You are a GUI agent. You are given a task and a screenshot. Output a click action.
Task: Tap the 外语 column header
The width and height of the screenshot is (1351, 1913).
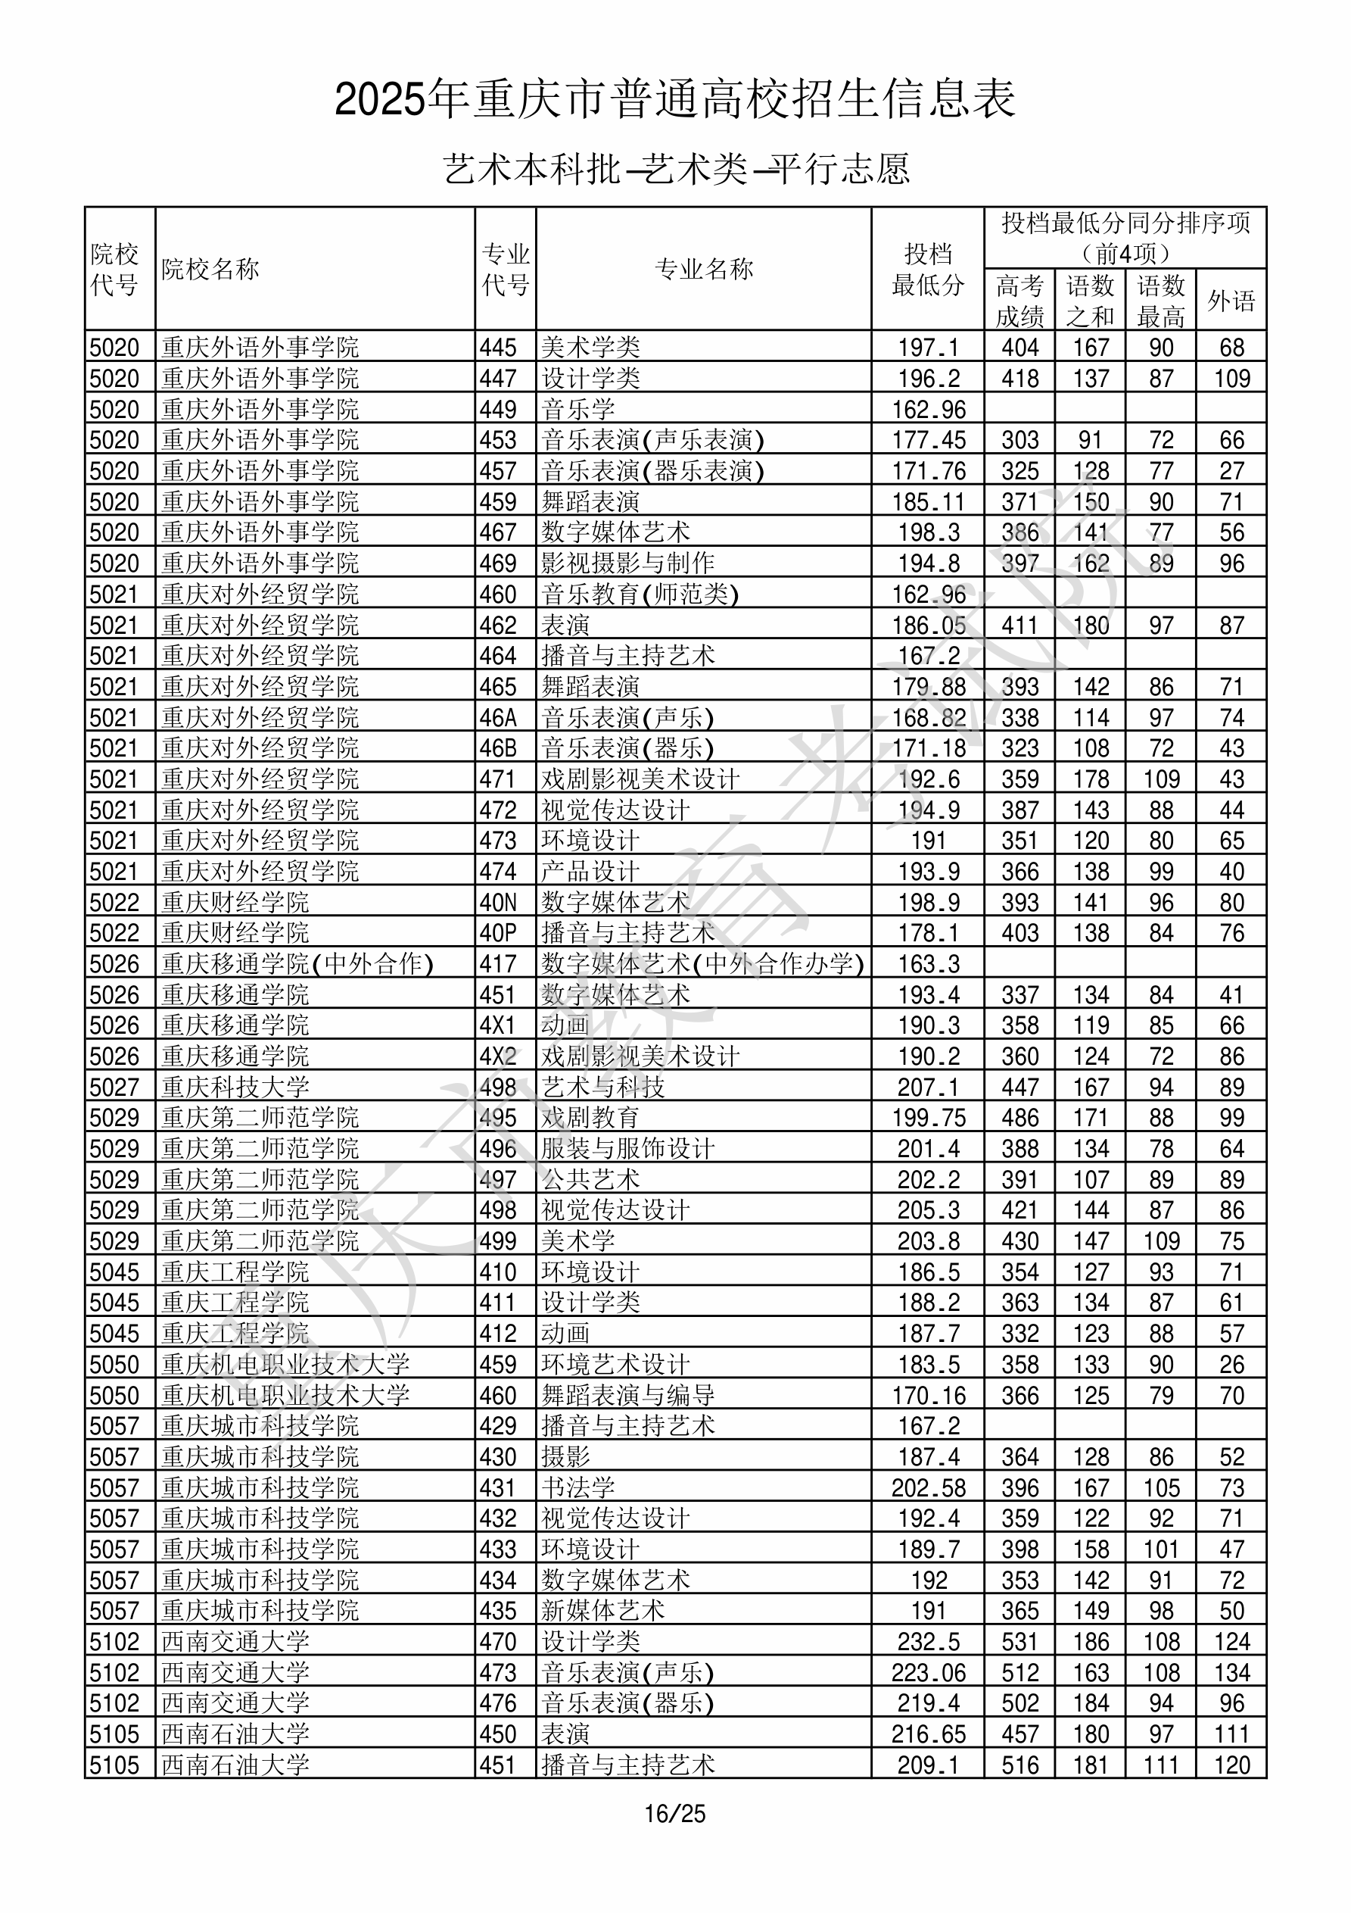pyautogui.click(x=1231, y=301)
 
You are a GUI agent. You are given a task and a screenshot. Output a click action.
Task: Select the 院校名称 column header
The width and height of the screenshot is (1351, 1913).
pyautogui.click(x=210, y=269)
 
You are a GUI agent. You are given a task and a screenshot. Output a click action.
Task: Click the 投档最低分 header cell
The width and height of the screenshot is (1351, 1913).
pyautogui.click(x=927, y=269)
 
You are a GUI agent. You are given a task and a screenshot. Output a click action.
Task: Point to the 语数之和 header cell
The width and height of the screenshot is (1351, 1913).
pyautogui.click(x=1091, y=301)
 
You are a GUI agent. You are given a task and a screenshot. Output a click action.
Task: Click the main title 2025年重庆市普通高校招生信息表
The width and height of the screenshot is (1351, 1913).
pyautogui.click(x=674, y=100)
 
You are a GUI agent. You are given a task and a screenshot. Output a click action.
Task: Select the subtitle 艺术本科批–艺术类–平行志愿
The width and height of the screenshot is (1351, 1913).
pyautogui.click(x=674, y=169)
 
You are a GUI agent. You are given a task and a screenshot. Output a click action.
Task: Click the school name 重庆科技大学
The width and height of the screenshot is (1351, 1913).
pyautogui.click(x=235, y=1088)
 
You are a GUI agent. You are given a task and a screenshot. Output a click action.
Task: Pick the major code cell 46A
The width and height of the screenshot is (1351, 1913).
pyautogui.click(x=498, y=717)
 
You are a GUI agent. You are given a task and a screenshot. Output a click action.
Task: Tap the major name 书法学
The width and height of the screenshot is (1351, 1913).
pyautogui.click(x=578, y=1487)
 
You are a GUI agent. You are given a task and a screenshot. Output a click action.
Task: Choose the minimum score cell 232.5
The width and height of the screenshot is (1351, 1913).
pyautogui.click(x=928, y=1641)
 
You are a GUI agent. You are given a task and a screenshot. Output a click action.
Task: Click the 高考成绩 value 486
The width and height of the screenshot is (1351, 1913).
pyautogui.click(x=1020, y=1118)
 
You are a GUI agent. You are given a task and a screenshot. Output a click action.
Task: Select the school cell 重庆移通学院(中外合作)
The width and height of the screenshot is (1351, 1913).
pyautogui.click(x=297, y=964)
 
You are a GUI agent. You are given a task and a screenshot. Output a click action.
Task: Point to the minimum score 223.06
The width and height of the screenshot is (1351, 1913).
pyautogui.click(x=928, y=1672)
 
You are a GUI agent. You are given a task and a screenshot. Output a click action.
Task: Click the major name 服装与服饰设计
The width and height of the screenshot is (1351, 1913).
pyautogui.click(x=628, y=1149)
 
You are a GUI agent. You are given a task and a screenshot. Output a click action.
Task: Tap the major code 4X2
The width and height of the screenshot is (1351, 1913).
pyautogui.click(x=498, y=1056)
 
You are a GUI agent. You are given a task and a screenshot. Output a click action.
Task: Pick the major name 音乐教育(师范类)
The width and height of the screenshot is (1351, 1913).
pyautogui.click(x=640, y=594)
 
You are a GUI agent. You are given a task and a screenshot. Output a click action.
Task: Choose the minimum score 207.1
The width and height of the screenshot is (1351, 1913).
pyautogui.click(x=928, y=1088)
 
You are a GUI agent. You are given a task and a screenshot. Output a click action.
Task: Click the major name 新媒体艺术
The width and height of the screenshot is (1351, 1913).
pyautogui.click(x=603, y=1611)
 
